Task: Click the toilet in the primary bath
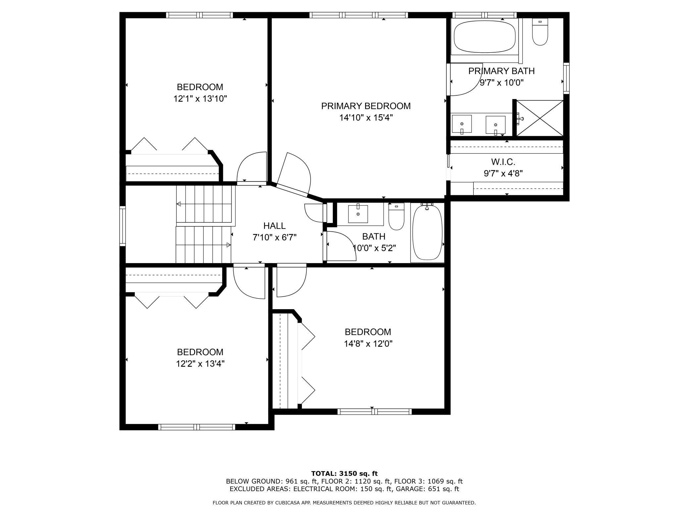pyautogui.click(x=540, y=32)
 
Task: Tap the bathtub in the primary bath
pyautogui.click(x=485, y=37)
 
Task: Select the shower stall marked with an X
pyautogui.click(x=540, y=118)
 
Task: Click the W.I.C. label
pyautogui.click(x=503, y=162)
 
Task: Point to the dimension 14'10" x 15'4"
pyautogui.click(x=366, y=118)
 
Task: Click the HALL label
pyautogui.click(x=274, y=226)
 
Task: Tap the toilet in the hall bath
pyautogui.click(x=396, y=217)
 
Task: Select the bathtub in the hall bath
pyautogui.click(x=427, y=232)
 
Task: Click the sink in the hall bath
pyautogui.click(x=358, y=214)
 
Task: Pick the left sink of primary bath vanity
pyautogui.click(x=462, y=124)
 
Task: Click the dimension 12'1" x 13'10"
pyautogui.click(x=200, y=99)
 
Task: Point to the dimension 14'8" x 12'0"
pyautogui.click(x=368, y=344)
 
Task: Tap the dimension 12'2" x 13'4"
pyautogui.click(x=200, y=364)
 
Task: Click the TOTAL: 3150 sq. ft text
pyautogui.click(x=344, y=474)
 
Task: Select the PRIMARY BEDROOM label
pyautogui.click(x=366, y=106)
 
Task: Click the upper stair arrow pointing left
pyautogui.click(x=179, y=204)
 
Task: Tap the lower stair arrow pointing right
pyautogui.click(x=228, y=245)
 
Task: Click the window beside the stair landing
pyautogui.click(x=123, y=226)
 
